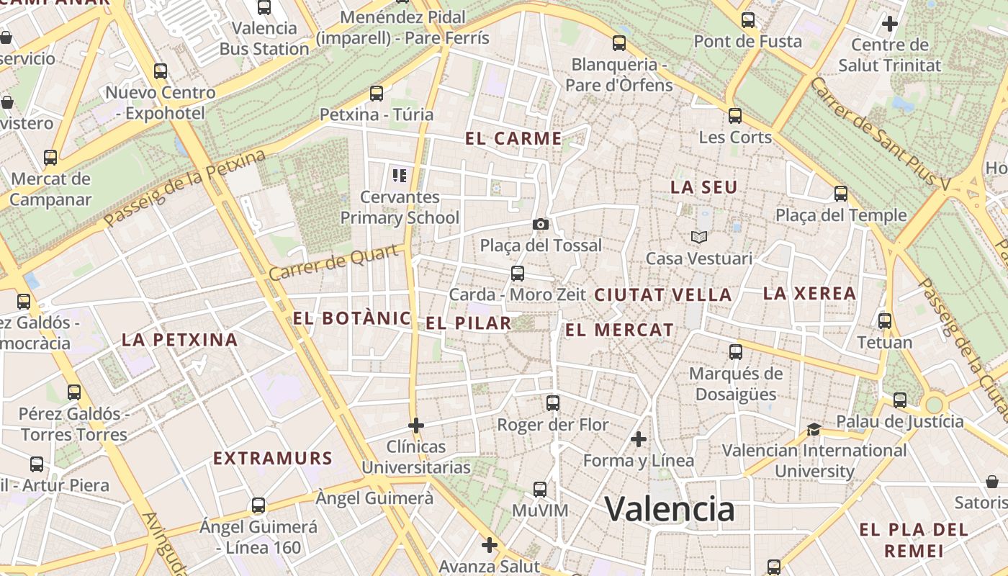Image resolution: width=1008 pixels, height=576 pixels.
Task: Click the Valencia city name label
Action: pyautogui.click(x=670, y=509)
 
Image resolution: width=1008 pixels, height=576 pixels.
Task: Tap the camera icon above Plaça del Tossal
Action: pyautogui.click(x=541, y=225)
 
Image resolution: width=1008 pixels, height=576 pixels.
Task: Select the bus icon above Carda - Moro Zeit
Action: pyautogui.click(x=517, y=274)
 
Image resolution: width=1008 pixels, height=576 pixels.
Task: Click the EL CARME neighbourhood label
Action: pyautogui.click(x=513, y=139)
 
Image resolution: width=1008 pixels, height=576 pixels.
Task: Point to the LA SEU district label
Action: pyautogui.click(x=704, y=187)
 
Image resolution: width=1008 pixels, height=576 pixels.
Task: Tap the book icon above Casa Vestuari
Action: pyautogui.click(x=698, y=237)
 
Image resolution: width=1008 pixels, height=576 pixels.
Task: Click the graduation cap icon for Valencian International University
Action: pyautogui.click(x=814, y=430)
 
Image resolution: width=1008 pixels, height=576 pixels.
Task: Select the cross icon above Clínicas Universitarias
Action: pyautogui.click(x=415, y=426)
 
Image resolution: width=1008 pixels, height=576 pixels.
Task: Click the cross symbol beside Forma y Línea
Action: pyautogui.click(x=638, y=439)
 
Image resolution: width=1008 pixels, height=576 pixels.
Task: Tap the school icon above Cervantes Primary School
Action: pyautogui.click(x=400, y=175)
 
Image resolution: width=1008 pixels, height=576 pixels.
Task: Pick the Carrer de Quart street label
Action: pyautogui.click(x=333, y=263)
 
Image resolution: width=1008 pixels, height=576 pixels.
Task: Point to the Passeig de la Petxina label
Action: pyautogui.click(x=185, y=189)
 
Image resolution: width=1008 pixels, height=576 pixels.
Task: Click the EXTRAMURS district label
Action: pyautogui.click(x=273, y=459)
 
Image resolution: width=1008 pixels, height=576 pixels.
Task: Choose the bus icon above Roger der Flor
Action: pyautogui.click(x=552, y=403)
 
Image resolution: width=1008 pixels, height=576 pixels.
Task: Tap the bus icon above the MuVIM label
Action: pyautogui.click(x=540, y=490)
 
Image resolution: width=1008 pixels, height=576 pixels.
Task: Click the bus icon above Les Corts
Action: pyautogui.click(x=734, y=115)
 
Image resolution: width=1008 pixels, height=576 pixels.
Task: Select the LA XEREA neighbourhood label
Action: pyautogui.click(x=809, y=294)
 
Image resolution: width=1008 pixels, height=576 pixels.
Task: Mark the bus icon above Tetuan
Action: pyautogui.click(x=885, y=321)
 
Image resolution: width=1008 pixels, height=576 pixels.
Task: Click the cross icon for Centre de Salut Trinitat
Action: pyautogui.click(x=890, y=24)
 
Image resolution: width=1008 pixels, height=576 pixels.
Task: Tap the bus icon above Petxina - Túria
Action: pyautogui.click(x=376, y=93)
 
